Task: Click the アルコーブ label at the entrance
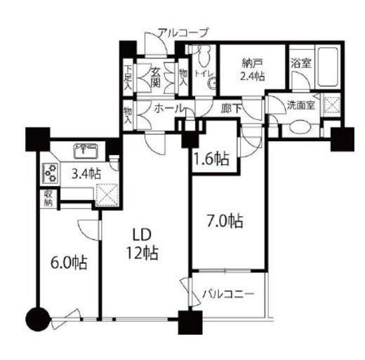click(183, 33)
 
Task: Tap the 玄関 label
click(155, 77)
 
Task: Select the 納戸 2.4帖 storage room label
click(252, 69)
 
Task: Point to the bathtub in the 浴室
click(328, 67)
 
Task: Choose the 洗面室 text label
click(301, 105)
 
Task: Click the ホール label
click(168, 109)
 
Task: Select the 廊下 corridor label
click(231, 109)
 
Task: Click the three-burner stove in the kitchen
click(51, 173)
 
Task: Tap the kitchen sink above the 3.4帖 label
click(86, 152)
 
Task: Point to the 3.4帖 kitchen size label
click(86, 174)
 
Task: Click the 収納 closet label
click(48, 199)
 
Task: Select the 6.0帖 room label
click(69, 263)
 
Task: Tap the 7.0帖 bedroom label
click(225, 221)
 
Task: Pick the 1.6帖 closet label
click(211, 159)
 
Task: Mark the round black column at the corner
click(37, 319)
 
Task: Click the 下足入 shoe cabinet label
click(128, 77)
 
